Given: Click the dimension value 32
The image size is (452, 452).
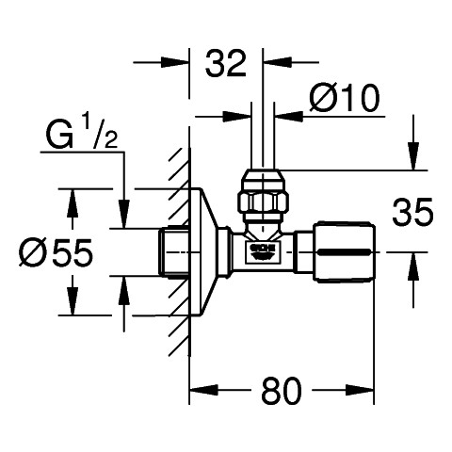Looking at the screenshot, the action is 226,64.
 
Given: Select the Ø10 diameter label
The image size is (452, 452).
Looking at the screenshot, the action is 345,98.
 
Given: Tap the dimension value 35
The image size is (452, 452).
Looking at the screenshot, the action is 412,212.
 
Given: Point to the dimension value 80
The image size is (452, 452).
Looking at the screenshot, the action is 282,391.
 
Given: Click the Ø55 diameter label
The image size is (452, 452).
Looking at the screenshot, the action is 56,252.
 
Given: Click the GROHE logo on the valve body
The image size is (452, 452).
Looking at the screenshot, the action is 263,251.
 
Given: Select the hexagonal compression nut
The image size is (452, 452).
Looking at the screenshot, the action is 264,203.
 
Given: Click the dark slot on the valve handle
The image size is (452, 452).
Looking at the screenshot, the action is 344,252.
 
